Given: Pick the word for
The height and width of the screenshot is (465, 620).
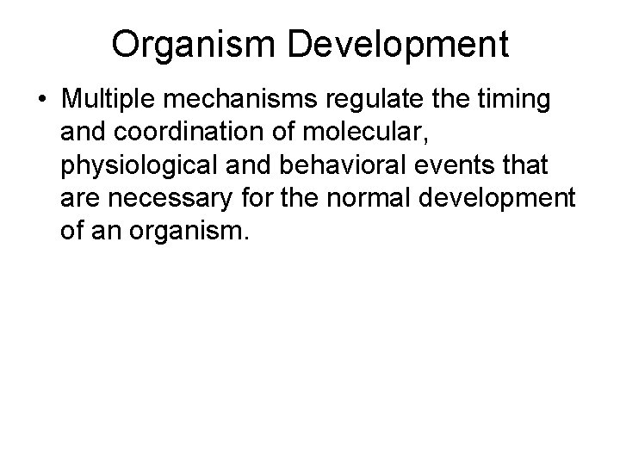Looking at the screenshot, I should point(258,197).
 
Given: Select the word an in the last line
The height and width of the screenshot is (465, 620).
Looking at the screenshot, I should point(106,230).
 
